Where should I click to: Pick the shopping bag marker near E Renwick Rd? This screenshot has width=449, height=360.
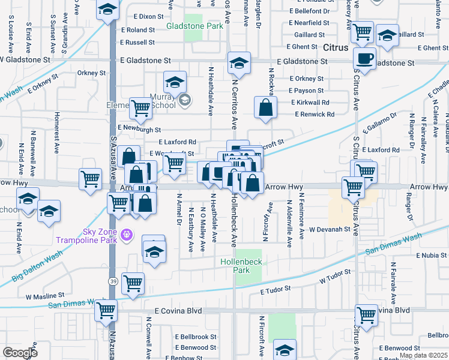click(x=265, y=107)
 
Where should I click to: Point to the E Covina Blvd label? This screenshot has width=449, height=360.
click(x=178, y=311)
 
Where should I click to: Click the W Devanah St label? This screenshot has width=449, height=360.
click(x=330, y=229)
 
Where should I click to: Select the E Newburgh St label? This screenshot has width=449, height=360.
click(x=139, y=129)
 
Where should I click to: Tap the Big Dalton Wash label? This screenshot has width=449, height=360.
click(x=37, y=267)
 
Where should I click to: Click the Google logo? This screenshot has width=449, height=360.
click(x=20, y=353)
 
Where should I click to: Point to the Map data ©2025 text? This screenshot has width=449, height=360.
click(x=424, y=355)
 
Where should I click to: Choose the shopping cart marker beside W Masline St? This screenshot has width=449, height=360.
click(x=133, y=283)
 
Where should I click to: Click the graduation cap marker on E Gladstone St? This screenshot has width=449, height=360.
click(x=239, y=63)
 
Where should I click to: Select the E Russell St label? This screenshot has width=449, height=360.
click(x=137, y=43)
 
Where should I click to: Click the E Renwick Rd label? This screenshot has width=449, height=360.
click(x=315, y=114)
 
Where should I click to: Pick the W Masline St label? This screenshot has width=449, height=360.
click(x=45, y=296)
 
